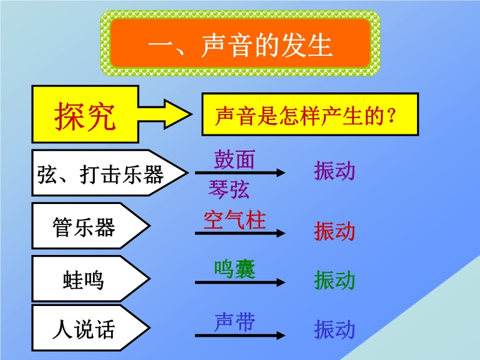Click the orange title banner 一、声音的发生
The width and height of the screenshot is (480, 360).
pyautogui.click(x=241, y=43)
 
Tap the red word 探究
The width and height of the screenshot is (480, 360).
pyautogui.click(x=85, y=116)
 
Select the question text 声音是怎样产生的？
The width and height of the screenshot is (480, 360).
pyautogui.click(x=306, y=116)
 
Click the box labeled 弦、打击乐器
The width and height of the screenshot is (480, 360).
pyautogui.click(x=109, y=173)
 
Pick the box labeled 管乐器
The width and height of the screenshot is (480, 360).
pyautogui.click(x=91, y=226)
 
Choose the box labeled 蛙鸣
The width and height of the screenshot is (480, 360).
pyautogui.click(x=91, y=279)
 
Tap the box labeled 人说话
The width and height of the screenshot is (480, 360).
pyautogui.click(x=91, y=328)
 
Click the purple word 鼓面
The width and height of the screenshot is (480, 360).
pyautogui.click(x=234, y=159)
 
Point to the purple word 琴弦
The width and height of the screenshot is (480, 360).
pyautogui.click(x=229, y=189)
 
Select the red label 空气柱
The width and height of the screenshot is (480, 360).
pyautogui.click(x=235, y=220)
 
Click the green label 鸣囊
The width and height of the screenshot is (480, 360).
pyautogui.click(x=235, y=269)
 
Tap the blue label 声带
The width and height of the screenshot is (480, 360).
pyautogui.click(x=235, y=322)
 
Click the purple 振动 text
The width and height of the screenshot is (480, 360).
pyautogui.click(x=334, y=170)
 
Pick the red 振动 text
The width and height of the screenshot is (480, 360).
pyautogui.click(x=334, y=231)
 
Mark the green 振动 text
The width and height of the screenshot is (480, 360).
pyautogui.click(x=334, y=280)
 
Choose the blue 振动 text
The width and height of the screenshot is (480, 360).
pyautogui.click(x=334, y=329)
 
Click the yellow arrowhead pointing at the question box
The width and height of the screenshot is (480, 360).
pyautogui.click(x=178, y=114)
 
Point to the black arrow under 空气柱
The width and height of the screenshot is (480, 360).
pyautogui.click(x=240, y=233)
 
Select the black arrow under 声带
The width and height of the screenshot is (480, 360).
pyautogui.click(x=240, y=335)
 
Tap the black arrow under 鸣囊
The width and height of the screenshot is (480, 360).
pyautogui.click(x=240, y=282)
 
